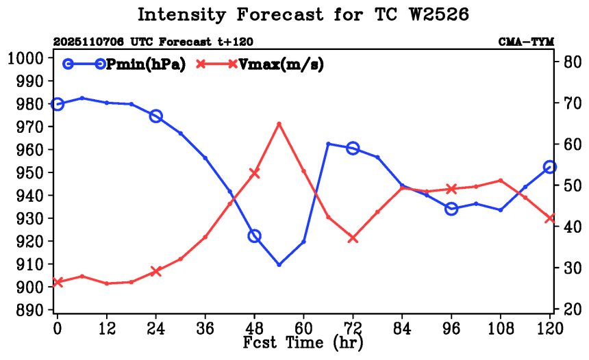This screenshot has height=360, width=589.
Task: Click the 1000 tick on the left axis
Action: [x=26, y=58]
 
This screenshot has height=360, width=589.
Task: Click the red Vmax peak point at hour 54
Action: [x=279, y=124]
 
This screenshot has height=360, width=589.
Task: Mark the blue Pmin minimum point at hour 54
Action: [x=279, y=264]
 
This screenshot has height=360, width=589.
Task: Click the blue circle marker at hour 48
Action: [x=254, y=236]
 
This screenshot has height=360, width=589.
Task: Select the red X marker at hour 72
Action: [x=353, y=238]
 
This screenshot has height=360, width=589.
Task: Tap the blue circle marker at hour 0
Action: [x=58, y=104]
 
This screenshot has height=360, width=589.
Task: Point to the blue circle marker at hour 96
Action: [x=451, y=209]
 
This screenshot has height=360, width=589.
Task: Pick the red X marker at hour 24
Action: [x=156, y=271]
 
